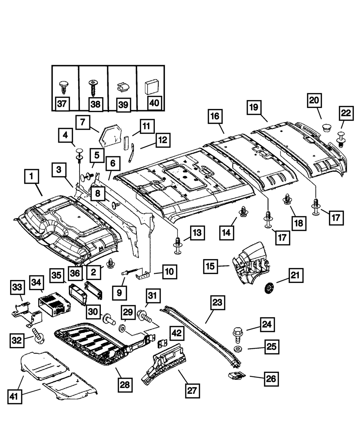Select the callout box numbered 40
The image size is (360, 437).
(x=153, y=103)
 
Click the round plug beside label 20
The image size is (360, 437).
(x=327, y=128)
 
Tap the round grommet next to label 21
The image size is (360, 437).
(x=269, y=288)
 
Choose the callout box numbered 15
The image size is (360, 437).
(x=210, y=267)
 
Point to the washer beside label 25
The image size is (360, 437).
(x=238, y=349)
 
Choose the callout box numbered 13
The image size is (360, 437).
(x=197, y=234)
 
